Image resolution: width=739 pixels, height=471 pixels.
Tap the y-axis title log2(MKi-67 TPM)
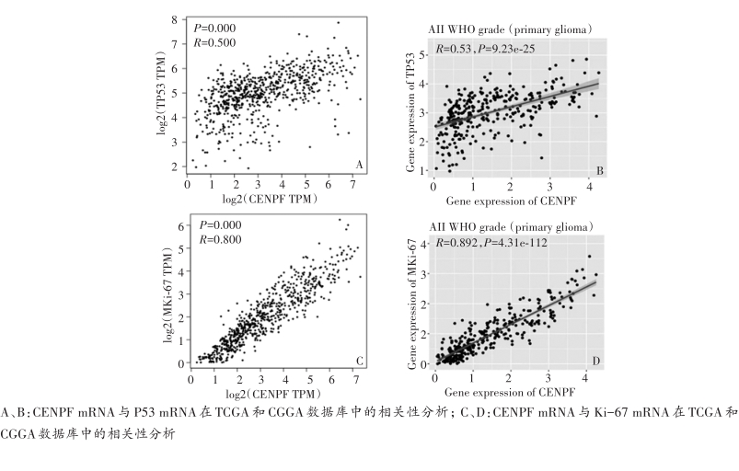tap(168, 291)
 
